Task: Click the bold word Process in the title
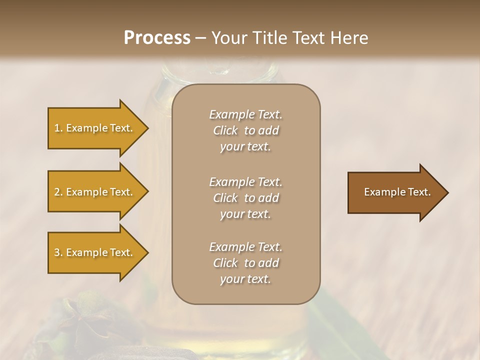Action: coord(157,37)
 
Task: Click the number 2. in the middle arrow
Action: coord(58,192)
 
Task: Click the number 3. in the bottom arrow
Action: coord(58,252)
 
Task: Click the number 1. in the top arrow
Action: coord(58,128)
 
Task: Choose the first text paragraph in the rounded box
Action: coord(245,130)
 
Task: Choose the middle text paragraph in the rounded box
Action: coord(245,198)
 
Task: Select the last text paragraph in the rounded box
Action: coord(245,263)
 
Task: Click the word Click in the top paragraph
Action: coord(225,130)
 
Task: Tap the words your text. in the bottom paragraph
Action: coord(245,279)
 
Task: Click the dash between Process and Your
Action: coord(201,38)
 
